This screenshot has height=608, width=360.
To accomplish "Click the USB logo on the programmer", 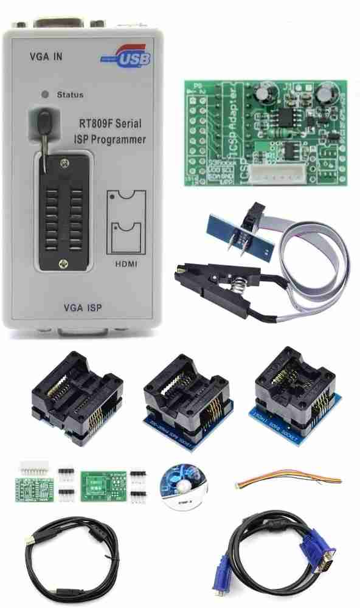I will [x=126, y=58].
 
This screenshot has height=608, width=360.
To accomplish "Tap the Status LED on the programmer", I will [x=44, y=95].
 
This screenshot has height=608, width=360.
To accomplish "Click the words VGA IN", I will [x=46, y=57].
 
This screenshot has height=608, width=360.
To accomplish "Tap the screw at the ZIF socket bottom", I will [x=62, y=263].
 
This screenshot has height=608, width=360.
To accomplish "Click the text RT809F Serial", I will [x=110, y=123].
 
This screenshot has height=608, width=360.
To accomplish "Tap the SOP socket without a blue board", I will [x=76, y=395].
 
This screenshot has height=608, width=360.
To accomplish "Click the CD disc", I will [x=183, y=485].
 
